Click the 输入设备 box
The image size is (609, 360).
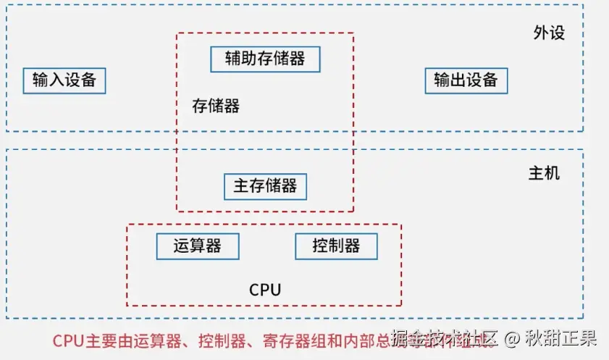(64, 80)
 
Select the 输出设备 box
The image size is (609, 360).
(466, 80)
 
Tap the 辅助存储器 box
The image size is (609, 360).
(265, 59)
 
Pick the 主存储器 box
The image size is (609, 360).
(265, 186)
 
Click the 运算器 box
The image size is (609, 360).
(198, 246)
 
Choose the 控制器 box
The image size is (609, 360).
(336, 246)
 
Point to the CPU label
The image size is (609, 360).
(264, 290)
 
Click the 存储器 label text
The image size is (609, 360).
(216, 106)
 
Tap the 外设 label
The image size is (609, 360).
(548, 33)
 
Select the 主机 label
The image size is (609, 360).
(544, 175)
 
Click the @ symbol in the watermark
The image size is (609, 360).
(513, 338)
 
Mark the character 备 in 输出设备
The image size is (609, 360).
(490, 80)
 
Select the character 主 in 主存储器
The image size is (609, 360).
(241, 186)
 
